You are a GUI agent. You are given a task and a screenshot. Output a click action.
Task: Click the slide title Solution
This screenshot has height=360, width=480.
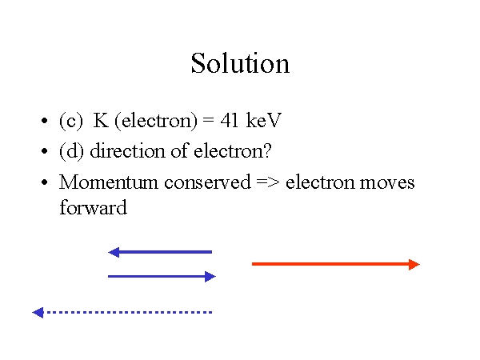tap(240, 63)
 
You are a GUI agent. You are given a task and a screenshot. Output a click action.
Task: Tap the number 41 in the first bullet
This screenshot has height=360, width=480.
tap(230, 120)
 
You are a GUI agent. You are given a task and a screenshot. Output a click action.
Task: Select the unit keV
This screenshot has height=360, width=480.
tap(263, 120)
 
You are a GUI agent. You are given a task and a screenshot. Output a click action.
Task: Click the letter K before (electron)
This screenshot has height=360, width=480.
tap(101, 120)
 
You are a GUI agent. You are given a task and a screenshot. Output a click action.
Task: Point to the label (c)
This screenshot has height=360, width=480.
tap(71, 121)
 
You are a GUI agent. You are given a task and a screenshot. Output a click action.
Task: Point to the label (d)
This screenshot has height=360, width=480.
tap(71, 151)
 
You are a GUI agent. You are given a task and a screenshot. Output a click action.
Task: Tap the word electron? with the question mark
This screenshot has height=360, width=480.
tap(233, 150)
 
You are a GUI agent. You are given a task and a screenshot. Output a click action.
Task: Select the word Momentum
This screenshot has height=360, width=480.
tap(108, 182)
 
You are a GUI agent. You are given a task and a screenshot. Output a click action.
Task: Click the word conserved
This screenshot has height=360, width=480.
tap(207, 182)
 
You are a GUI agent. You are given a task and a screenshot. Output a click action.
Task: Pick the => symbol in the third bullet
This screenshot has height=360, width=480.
tap(268, 182)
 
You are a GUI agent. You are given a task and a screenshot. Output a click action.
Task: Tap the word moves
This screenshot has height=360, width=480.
tap(387, 182)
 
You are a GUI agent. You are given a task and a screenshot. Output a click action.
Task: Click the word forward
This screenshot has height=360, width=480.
tap(93, 207)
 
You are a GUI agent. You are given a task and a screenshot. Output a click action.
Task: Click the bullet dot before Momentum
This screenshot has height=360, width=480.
tap(44, 182)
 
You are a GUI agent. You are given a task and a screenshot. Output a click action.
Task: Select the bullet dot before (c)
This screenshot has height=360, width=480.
tap(44, 121)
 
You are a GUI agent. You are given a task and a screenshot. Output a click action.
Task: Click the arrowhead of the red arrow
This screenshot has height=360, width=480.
tap(414, 264)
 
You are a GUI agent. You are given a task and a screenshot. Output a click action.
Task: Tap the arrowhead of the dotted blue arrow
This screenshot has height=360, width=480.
tap(38, 313)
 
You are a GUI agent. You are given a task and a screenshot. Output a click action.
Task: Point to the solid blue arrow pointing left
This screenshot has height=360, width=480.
tap(160, 252)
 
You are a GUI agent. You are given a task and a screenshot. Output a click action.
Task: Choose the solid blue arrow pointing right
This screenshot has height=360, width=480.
tap(162, 277)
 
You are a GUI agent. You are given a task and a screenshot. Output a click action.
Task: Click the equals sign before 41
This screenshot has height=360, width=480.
tap(208, 120)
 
